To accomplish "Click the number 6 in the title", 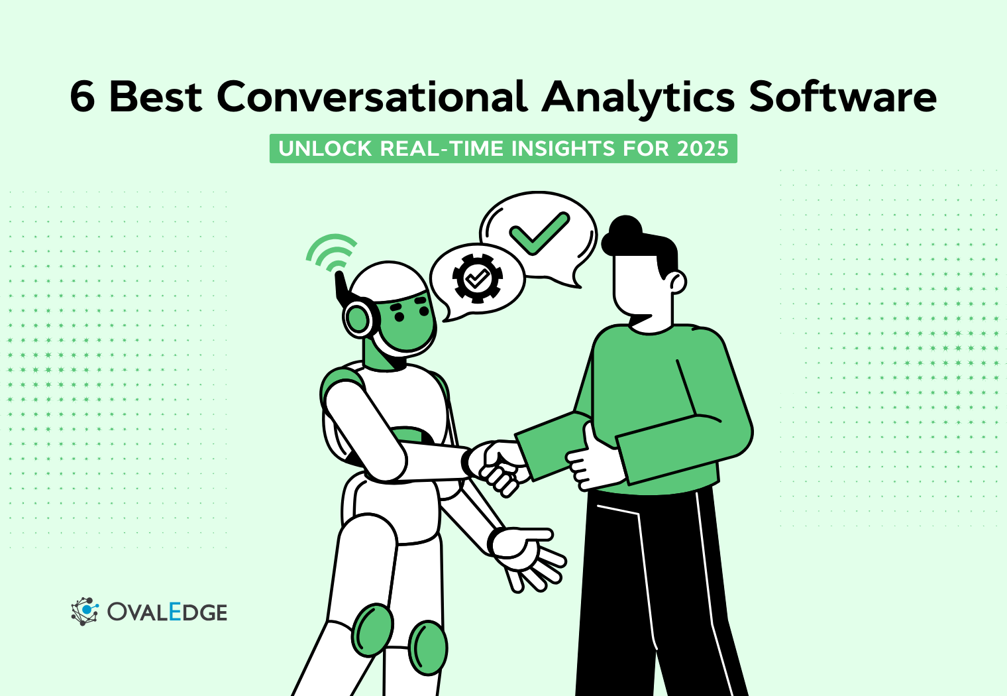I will tap(83, 97).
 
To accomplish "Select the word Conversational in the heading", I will tap(372, 97).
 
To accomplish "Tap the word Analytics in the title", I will tap(638, 97).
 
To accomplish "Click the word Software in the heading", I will tap(843, 97).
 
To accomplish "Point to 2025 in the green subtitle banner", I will tap(702, 148).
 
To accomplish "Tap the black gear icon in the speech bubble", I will tap(477, 278).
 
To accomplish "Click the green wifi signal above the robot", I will tap(331, 252).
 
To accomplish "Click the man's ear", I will tap(677, 282).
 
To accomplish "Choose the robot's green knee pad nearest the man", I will tap(427, 647).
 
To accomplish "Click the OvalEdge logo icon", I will tap(84, 611).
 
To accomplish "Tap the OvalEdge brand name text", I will tap(167, 612).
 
